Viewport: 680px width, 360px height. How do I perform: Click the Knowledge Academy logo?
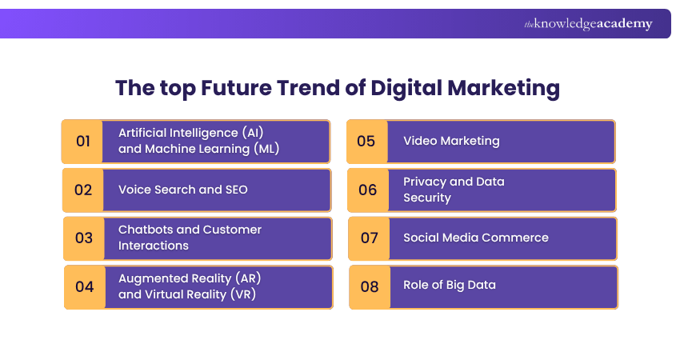pos(588,24)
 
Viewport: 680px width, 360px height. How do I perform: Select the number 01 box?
pos(83,142)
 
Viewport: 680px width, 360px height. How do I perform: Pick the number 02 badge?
pos(83,190)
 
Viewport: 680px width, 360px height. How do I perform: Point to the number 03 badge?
pos(84,238)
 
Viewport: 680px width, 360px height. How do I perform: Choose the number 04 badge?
pos(84,286)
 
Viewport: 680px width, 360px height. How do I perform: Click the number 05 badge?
pos(366,142)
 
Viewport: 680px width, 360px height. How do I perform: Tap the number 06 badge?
pos(367,190)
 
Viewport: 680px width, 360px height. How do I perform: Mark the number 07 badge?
pos(369,238)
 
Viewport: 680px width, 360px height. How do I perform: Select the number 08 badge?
pos(370,286)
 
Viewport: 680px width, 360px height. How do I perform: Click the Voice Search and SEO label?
pos(183,190)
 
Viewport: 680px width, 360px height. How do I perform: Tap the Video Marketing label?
pos(451,142)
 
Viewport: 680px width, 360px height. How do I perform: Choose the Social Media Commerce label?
pos(476,238)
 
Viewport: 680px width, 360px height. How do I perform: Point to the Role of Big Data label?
pos(450,286)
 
